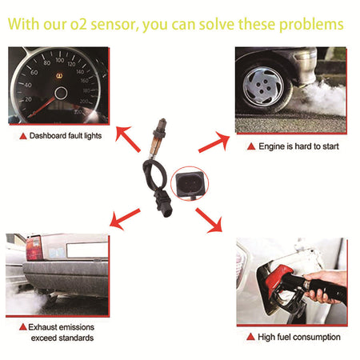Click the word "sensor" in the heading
108,24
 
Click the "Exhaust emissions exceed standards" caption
62,332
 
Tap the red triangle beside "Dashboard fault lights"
23,136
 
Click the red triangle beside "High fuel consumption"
251,337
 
